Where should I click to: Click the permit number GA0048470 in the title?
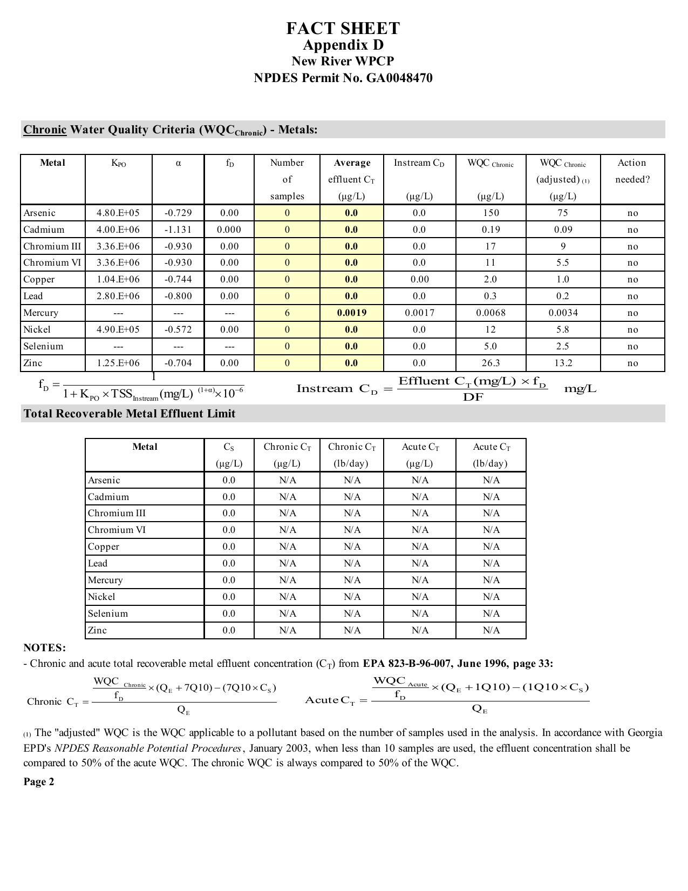pyautogui.click(x=399, y=78)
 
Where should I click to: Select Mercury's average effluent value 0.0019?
pyautogui.click(x=351, y=313)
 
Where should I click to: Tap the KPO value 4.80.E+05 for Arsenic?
pyautogui.click(x=118, y=213)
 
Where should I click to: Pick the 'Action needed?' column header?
pyautogui.click(x=632, y=171)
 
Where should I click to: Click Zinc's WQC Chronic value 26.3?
pyautogui.click(x=491, y=363)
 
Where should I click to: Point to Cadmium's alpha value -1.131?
pyautogui.click(x=178, y=230)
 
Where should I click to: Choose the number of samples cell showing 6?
pyautogui.click(x=287, y=313)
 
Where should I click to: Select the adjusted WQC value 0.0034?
pyautogui.click(x=563, y=313)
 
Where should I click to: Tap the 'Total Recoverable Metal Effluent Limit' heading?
pyautogui.click(x=130, y=414)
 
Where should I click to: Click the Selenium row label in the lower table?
pyautogui.click(x=108, y=613)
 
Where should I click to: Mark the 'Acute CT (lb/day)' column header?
pyautogui.click(x=491, y=455)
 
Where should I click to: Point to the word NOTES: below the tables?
pyautogui.click(x=44, y=647)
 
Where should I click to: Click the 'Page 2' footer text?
pyautogui.click(x=38, y=781)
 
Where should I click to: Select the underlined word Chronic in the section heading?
pyautogui.click(x=45, y=130)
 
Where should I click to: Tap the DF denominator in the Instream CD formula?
pyautogui.click(x=473, y=397)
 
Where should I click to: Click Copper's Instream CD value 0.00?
pyautogui.click(x=419, y=279)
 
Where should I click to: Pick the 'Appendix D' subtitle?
pyautogui.click(x=343, y=45)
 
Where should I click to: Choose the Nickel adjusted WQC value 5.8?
pyautogui.click(x=563, y=329)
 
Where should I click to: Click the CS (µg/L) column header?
pyautogui.click(x=229, y=455)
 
